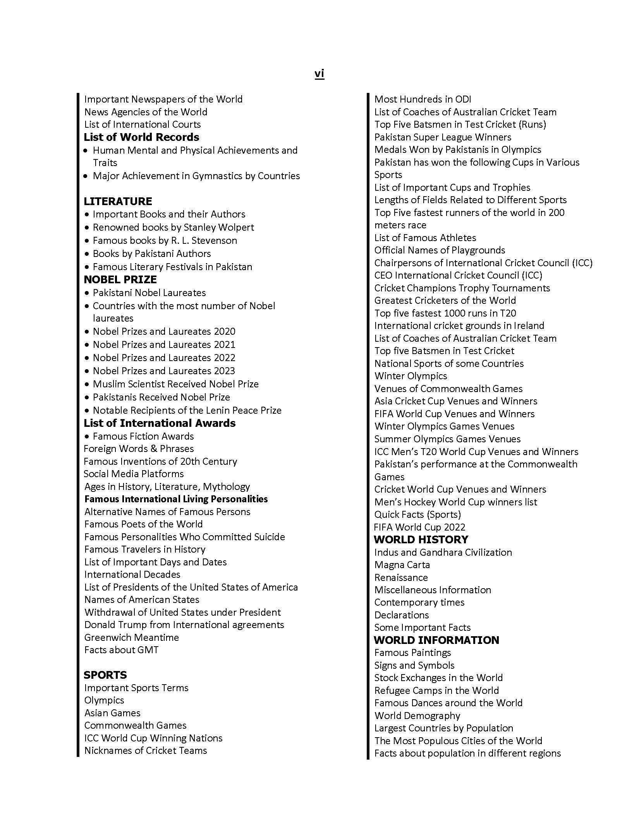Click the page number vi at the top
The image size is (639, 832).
319,74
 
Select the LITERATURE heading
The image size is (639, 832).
118,201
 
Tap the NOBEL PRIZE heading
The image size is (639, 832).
120,279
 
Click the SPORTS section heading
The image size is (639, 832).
105,675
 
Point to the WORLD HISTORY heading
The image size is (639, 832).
421,539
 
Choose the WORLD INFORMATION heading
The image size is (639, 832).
436,640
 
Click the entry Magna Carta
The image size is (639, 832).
402,565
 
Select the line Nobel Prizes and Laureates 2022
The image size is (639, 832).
164,358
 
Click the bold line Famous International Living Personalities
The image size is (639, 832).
176,499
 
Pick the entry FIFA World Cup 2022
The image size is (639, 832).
419,527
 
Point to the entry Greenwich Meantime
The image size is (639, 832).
131,637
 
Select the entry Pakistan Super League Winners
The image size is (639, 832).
443,137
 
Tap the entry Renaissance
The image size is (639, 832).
401,577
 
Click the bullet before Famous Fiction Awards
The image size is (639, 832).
87,437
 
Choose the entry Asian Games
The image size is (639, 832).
112,713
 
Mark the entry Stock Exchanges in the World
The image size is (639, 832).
438,678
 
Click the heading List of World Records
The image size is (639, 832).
141,137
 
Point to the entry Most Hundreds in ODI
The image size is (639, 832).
423,99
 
